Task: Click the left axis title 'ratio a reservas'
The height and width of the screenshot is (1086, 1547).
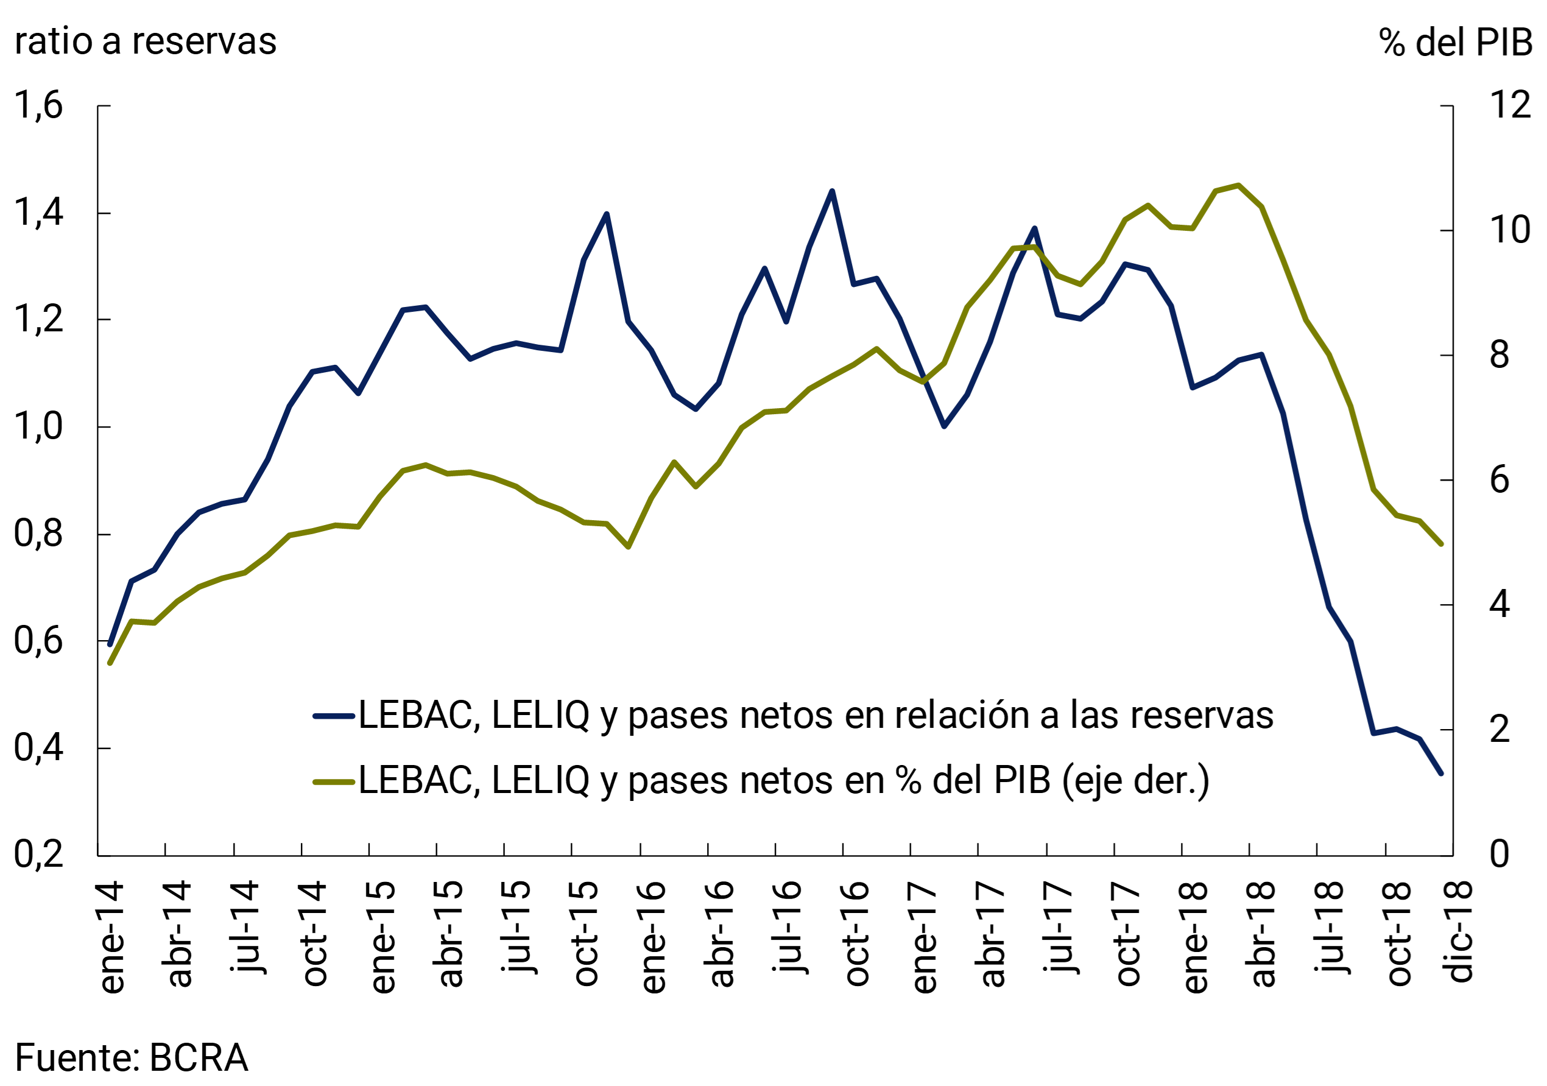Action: point(146,42)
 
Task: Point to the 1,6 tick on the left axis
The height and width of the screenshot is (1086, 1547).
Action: point(38,106)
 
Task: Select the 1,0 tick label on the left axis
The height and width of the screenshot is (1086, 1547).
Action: point(38,427)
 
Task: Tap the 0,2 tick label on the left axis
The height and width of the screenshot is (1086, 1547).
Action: point(38,856)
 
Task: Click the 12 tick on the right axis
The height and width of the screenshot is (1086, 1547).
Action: point(1509,105)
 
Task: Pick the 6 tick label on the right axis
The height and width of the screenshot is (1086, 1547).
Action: point(1499,481)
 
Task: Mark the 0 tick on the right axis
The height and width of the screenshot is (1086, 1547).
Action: point(1499,855)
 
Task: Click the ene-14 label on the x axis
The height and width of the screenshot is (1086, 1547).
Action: point(112,936)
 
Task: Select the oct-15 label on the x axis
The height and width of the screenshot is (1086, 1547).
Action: point(585,933)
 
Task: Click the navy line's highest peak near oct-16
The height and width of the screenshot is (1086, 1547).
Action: point(832,191)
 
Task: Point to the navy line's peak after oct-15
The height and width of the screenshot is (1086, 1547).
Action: point(607,214)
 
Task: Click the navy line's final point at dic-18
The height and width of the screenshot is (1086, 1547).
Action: point(1441,774)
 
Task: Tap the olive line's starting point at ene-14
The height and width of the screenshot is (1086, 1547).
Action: point(110,663)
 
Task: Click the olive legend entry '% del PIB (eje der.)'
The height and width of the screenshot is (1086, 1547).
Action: point(761,781)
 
